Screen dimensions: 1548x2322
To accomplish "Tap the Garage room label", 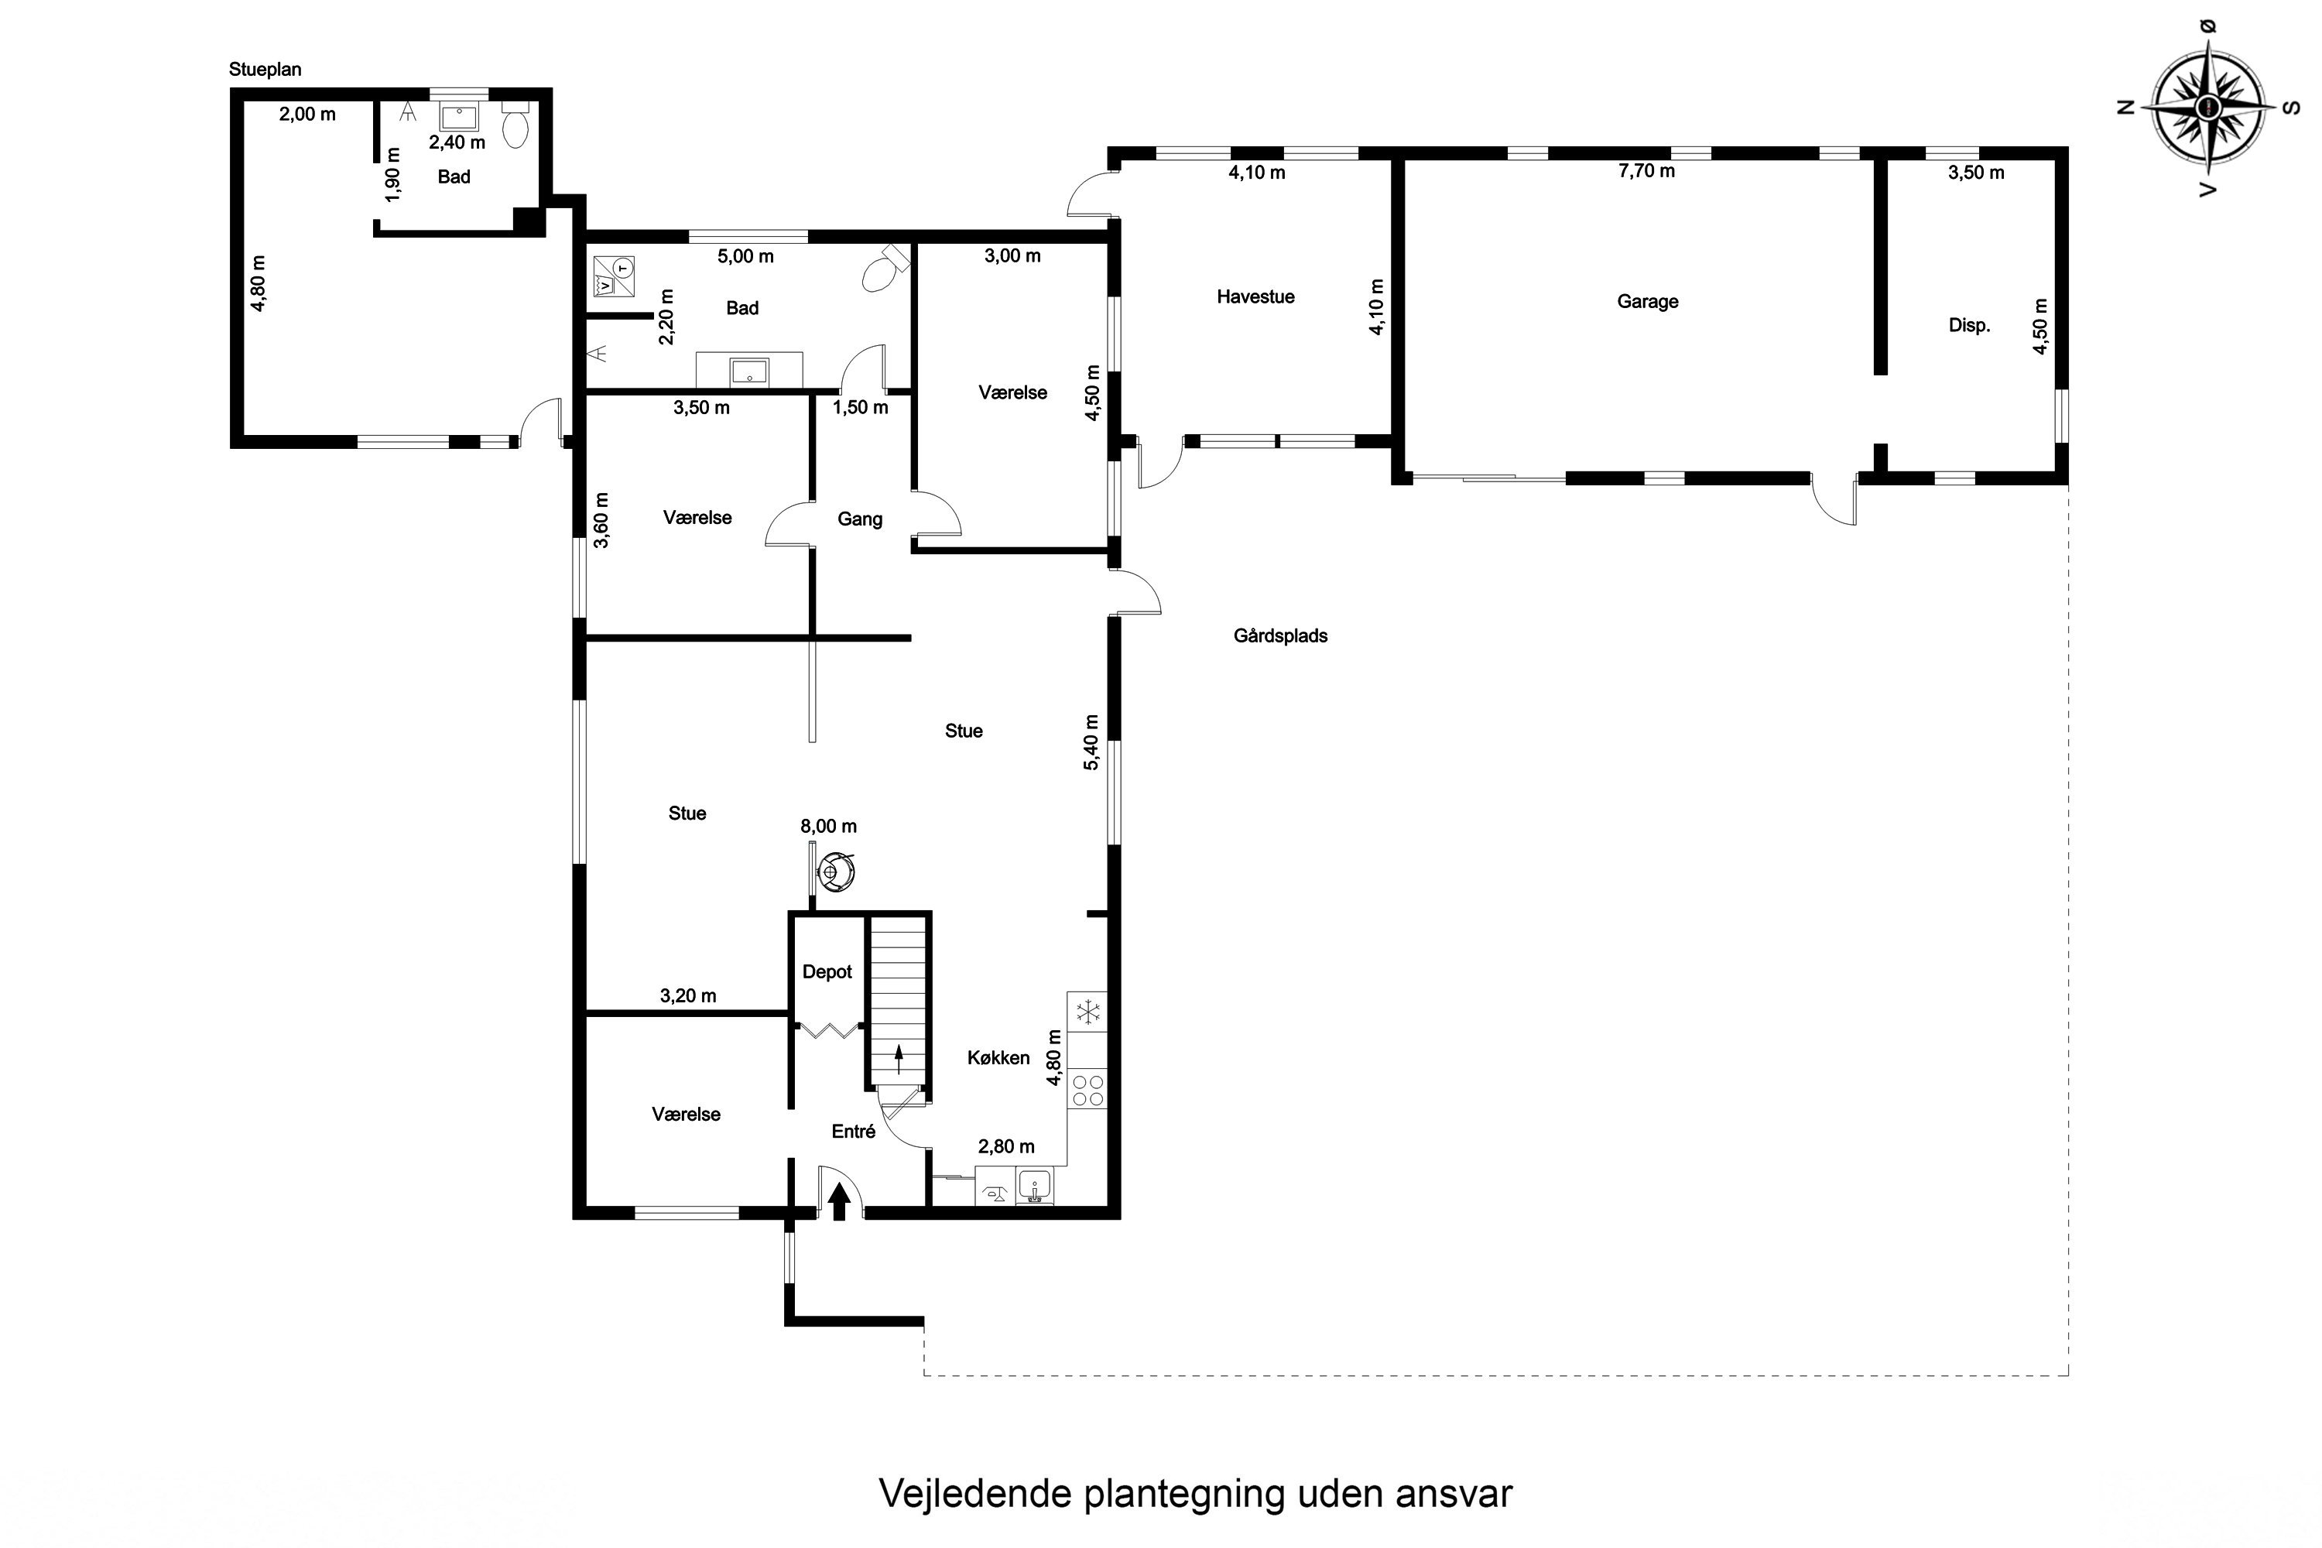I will pos(1647,301).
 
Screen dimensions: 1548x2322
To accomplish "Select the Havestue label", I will pos(1255,296).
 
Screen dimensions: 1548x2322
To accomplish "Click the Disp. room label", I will pos(1968,326).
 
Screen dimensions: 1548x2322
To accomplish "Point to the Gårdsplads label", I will pos(1279,635).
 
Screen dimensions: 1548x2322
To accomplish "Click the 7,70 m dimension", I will pos(1646,171).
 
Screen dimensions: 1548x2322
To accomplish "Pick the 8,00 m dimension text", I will pos(827,825).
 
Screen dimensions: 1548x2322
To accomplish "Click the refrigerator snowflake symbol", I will pos(1087,1011).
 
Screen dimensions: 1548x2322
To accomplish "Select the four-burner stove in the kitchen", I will pos(1087,1090).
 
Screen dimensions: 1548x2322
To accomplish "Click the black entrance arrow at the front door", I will pos(839,1201).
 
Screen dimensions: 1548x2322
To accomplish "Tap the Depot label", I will pos(827,971).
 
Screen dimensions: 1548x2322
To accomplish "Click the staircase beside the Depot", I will pos(899,997).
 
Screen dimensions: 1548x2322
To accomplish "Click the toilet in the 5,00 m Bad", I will pos(882,269).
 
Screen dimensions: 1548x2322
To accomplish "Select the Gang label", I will pos(859,519).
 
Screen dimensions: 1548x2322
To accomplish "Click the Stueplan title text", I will pos(265,69).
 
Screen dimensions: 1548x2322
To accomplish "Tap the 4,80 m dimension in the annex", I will pos(259,284).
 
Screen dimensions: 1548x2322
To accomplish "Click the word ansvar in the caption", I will pos(1454,1494).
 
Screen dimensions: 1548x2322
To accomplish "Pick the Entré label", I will pos(853,1132).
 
